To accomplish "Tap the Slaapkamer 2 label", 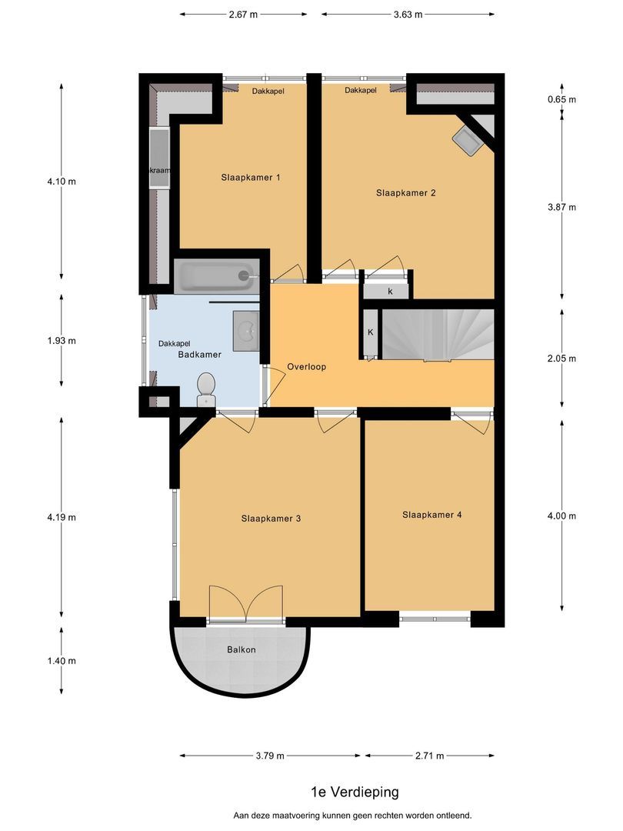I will (x=405, y=192).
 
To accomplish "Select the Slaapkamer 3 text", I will (x=270, y=518).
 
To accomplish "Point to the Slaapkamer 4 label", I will (x=431, y=515).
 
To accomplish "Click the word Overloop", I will (x=306, y=366).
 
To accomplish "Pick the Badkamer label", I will (x=199, y=355).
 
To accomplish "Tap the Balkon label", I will (x=241, y=649).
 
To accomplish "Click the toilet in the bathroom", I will (x=206, y=389).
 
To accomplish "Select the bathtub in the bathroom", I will (x=215, y=275).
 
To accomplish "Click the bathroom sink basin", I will (x=246, y=332).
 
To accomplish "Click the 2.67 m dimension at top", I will (x=244, y=14).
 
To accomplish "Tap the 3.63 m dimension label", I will (x=408, y=14).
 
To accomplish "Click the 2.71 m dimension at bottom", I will (x=429, y=756).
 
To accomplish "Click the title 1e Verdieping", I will (x=355, y=791).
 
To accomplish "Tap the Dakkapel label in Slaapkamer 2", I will (x=360, y=90).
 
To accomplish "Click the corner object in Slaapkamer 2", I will (x=467, y=140).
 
